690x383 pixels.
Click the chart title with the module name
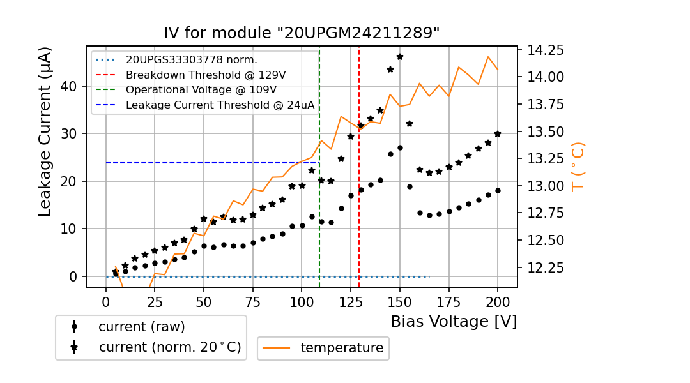tap(302, 33)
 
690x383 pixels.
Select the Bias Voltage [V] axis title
tap(454, 322)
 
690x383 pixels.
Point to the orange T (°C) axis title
tap(578, 166)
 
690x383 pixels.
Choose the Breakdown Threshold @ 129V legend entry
tap(205, 75)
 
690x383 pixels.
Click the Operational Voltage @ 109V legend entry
tap(201, 90)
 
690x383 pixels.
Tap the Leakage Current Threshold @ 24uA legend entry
tap(220, 105)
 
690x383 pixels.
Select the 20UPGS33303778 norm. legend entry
tap(191, 60)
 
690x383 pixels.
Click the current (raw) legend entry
tap(141, 327)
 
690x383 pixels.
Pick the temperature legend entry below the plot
tap(342, 348)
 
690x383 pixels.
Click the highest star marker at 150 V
tap(400, 57)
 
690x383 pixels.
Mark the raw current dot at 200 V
tap(498, 190)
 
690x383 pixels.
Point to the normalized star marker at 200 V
tap(498, 134)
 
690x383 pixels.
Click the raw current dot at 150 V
tap(400, 147)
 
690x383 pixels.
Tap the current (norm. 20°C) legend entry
tap(169, 347)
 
